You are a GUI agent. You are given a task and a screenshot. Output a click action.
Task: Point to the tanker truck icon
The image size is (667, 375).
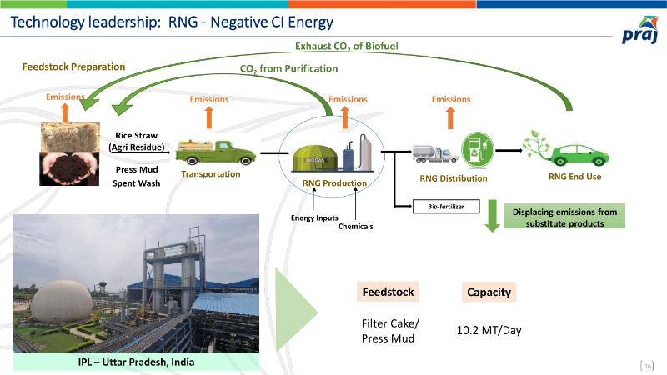(x=434, y=153)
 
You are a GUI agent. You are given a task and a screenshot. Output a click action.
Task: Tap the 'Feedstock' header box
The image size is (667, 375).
(x=387, y=292)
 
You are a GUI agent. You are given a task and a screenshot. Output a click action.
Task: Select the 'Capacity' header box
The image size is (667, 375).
(x=488, y=292)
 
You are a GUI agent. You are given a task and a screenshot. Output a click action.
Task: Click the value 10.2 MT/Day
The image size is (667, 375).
(x=489, y=330)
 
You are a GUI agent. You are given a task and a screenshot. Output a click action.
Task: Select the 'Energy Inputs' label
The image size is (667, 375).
(x=314, y=217)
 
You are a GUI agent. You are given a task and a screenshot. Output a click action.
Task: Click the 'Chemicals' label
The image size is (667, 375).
(x=355, y=227)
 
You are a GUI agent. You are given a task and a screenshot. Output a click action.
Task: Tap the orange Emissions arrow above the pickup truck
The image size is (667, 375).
(x=208, y=117)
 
